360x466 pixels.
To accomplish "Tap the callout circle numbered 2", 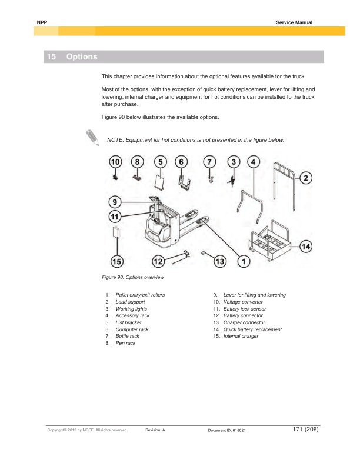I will [x=306, y=177].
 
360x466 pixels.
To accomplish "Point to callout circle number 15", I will [x=118, y=261].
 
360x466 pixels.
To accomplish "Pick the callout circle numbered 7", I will [x=211, y=161].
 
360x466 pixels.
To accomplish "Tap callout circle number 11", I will [x=115, y=216].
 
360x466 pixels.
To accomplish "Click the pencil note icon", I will [x=92, y=137].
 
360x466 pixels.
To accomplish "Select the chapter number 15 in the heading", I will [x=52, y=57].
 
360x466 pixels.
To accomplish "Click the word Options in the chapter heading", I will [x=82, y=57].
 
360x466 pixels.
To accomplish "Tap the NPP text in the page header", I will [x=41, y=22].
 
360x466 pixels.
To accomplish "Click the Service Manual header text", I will [x=294, y=22].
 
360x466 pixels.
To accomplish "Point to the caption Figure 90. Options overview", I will [x=132, y=277].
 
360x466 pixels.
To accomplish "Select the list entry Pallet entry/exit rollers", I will [x=140, y=295].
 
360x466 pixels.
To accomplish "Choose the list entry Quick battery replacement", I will [x=252, y=329].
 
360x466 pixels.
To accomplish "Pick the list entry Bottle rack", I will [x=128, y=336].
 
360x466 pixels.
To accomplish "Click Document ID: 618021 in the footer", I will [x=227, y=431].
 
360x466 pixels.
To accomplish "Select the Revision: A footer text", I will [x=155, y=431].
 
